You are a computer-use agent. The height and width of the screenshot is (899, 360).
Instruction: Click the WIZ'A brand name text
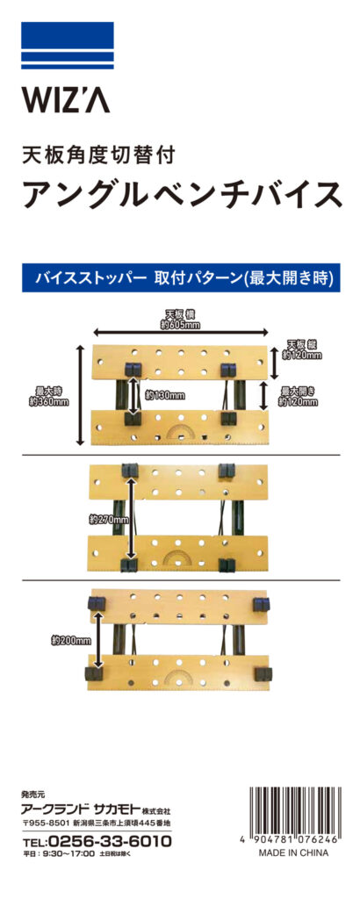coord(66,100)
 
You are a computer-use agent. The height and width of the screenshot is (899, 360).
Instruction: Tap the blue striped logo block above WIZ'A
coord(68,46)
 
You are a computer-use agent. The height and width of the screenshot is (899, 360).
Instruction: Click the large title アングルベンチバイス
coord(183,194)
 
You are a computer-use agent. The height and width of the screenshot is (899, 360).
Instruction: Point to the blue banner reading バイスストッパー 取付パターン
coord(181,277)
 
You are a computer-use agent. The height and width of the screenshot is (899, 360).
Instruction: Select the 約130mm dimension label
coord(165,395)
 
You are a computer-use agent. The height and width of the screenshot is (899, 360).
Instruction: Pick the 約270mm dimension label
coord(109,520)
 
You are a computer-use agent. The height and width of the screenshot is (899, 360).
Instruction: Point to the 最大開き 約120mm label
coord(299,396)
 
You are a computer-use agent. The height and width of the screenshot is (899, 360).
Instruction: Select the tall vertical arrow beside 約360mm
coord(80,395)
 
